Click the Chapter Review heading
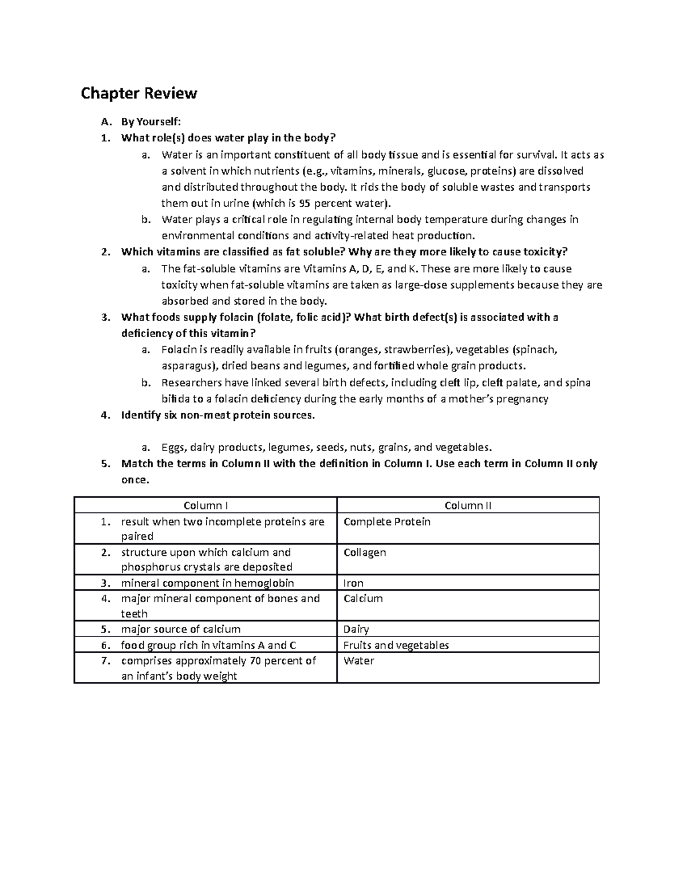(x=139, y=93)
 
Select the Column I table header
(x=206, y=505)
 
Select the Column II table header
(x=468, y=505)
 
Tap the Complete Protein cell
(x=386, y=522)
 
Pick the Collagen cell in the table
(x=365, y=552)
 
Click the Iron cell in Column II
(x=353, y=583)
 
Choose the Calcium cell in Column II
(x=363, y=599)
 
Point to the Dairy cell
(x=356, y=629)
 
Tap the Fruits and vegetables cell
(x=396, y=645)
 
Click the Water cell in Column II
(x=358, y=661)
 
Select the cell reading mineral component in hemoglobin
(x=207, y=583)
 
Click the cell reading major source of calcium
(x=180, y=629)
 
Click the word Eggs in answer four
(x=173, y=447)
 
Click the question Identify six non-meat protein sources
(x=218, y=416)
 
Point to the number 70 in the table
(x=255, y=661)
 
